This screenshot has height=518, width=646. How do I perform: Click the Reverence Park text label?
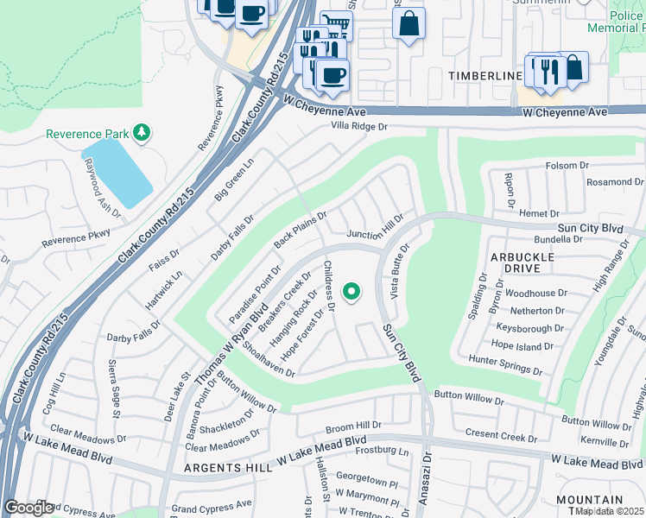pyautogui.click(x=85, y=134)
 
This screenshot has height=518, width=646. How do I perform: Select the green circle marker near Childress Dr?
pyautogui.click(x=351, y=292)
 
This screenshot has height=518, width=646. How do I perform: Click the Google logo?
pyautogui.click(x=29, y=508)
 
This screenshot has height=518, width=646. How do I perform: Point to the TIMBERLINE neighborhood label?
pyautogui.click(x=485, y=76)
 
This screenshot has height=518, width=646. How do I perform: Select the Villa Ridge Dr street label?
pyautogui.click(x=360, y=126)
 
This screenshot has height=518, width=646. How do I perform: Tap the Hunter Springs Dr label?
pyautogui.click(x=505, y=364)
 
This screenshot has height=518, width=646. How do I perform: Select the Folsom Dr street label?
pyautogui.click(x=567, y=165)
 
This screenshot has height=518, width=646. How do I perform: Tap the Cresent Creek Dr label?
pyautogui.click(x=501, y=436)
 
